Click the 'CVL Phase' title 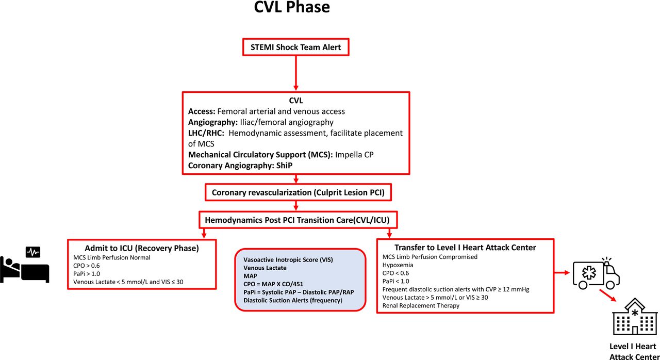(x=292, y=8)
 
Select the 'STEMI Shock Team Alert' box (x=296, y=47)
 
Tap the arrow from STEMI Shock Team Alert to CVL (x=296, y=72)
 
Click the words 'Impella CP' (x=357, y=154)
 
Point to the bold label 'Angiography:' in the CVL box (x=210, y=122)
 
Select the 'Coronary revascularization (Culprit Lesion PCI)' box (x=298, y=193)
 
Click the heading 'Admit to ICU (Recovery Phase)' (x=142, y=248)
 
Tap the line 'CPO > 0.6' (x=87, y=265)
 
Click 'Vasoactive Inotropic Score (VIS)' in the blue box (x=288, y=259)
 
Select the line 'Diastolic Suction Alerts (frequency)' (x=293, y=300)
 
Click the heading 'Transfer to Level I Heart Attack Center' (x=465, y=248)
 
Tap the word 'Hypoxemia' (x=398, y=265)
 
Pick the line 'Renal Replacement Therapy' (x=420, y=305)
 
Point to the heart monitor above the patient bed (x=33, y=252)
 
